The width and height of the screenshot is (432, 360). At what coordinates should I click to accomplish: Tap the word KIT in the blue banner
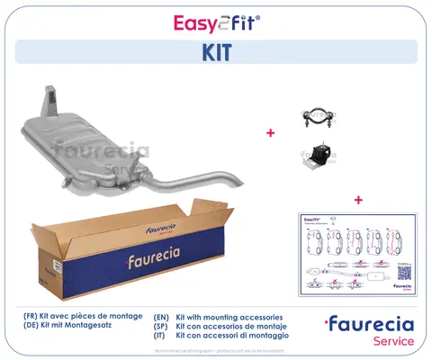tap(215, 51)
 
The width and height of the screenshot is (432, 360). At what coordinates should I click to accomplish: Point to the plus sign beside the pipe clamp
tap(269, 133)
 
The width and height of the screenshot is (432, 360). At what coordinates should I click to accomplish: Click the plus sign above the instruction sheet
tap(358, 199)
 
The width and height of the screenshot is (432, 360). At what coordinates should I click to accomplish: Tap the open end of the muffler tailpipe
tap(218, 183)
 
